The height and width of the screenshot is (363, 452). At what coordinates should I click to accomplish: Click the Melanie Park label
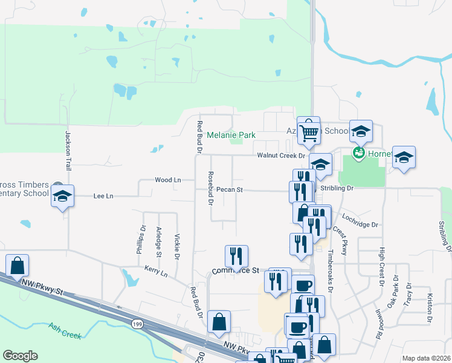[x=231, y=135]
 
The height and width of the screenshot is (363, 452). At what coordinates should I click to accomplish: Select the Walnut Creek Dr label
[x=281, y=155]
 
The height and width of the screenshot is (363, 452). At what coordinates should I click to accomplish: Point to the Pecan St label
[x=229, y=189]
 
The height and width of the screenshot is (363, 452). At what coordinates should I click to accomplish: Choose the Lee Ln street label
[x=103, y=196]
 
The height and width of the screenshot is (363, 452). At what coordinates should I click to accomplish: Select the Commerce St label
[x=235, y=270]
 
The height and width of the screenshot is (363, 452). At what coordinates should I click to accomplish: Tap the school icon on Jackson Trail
[x=62, y=196]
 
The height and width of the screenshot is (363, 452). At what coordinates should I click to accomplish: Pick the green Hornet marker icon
[x=358, y=152]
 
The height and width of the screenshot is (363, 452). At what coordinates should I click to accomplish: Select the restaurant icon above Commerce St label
[x=236, y=256]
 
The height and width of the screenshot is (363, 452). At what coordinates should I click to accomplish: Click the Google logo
[x=20, y=356]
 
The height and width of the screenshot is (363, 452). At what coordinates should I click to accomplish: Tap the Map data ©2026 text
[x=425, y=358]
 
